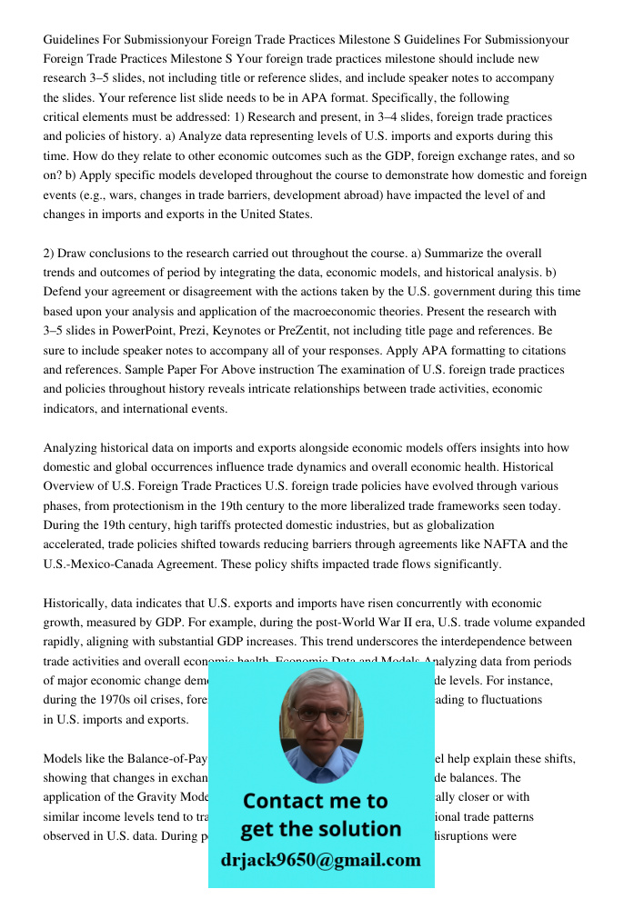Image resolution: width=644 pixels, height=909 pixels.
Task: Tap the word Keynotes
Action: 276,331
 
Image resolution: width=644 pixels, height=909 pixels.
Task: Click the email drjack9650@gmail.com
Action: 321,860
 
